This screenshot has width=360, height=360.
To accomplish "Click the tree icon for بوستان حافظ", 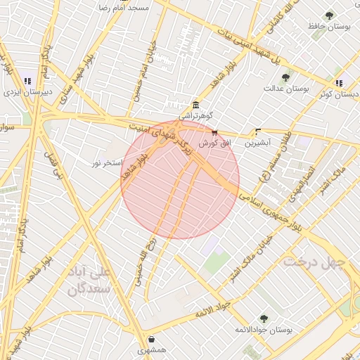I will [329, 15].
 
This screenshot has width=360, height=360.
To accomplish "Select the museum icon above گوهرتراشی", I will [195, 104].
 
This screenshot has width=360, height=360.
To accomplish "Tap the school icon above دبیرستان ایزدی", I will [27, 82].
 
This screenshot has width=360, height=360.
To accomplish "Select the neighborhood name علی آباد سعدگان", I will [89, 279].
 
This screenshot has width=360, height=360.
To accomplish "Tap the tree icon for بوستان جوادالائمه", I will [263, 319].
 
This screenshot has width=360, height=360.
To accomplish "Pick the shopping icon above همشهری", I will [152, 340].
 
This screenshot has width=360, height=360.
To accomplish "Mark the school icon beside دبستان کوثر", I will [340, 83].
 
